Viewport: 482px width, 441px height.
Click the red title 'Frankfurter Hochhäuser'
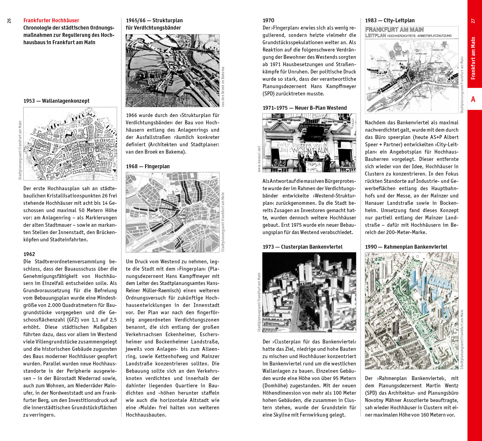point(51,20)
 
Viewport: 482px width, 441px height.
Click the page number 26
point(9,20)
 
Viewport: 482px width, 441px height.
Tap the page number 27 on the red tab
point(473,21)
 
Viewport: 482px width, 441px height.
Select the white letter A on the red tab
point(473,99)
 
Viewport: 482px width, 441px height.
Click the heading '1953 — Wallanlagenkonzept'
point(56,101)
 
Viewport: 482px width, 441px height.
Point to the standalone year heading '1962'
point(29,254)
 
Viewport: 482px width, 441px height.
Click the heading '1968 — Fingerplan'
point(148,166)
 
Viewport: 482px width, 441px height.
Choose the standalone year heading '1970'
point(268,20)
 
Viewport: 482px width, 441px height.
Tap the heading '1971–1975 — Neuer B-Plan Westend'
point(304,108)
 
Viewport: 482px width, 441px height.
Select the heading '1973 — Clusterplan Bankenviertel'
point(302,247)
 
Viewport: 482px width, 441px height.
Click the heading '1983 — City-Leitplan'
point(390,20)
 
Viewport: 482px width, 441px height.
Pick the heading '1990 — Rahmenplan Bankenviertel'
point(406,247)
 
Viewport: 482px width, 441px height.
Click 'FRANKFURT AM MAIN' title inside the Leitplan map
point(394,30)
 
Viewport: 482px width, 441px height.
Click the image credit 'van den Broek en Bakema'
point(223,87)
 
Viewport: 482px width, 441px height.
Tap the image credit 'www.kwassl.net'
point(259,159)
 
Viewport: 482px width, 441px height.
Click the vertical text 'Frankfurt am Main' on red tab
point(473,58)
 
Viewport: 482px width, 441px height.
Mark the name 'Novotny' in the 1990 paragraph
point(375,400)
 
